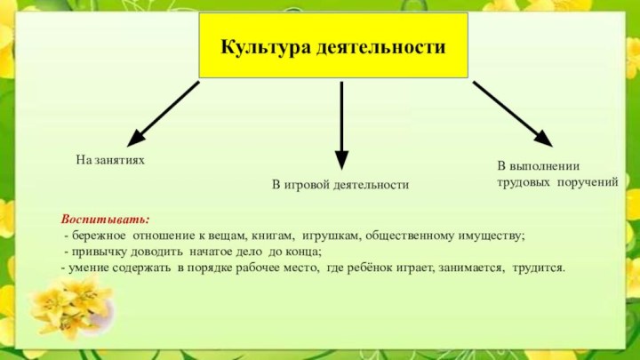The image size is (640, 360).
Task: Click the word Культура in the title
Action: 266,47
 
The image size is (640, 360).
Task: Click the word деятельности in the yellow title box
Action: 380,47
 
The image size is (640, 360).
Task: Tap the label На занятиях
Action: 110,160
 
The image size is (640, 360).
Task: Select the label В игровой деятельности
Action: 340,185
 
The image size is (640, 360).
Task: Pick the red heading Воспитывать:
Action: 105,220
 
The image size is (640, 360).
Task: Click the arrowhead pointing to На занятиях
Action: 137,138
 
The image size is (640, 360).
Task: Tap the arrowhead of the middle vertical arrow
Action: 341,160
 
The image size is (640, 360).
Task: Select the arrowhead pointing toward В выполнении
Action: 543,139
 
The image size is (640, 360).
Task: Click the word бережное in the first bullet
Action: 99,236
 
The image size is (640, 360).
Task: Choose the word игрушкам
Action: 332,236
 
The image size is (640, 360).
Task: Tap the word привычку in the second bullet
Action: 100,252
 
